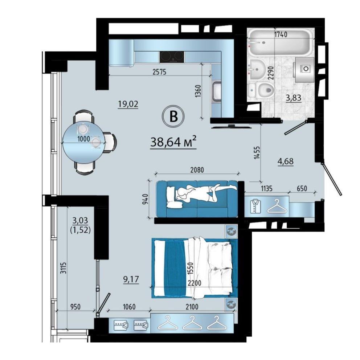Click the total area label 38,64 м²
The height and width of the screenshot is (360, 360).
(x=173, y=142)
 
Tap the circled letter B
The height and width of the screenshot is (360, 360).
(x=173, y=116)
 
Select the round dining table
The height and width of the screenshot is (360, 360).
(x=84, y=142)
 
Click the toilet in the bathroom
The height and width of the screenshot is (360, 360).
(x=262, y=91)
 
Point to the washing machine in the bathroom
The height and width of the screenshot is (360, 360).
(x=304, y=70)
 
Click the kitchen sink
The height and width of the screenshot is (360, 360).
(x=216, y=92)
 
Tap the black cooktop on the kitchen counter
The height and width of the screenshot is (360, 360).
(x=172, y=57)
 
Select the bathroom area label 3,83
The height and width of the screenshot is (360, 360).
(x=294, y=98)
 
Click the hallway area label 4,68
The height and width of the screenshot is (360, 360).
(x=286, y=161)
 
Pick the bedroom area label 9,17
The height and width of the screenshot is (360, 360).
(x=131, y=280)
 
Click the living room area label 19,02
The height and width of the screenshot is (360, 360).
(x=128, y=105)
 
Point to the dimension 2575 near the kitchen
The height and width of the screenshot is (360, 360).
(x=159, y=72)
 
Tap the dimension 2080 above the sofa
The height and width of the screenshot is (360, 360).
(x=197, y=170)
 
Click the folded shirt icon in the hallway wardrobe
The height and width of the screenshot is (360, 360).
(x=255, y=206)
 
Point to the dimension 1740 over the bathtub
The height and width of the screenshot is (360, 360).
(x=281, y=35)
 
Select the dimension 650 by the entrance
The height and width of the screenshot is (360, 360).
(x=302, y=188)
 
